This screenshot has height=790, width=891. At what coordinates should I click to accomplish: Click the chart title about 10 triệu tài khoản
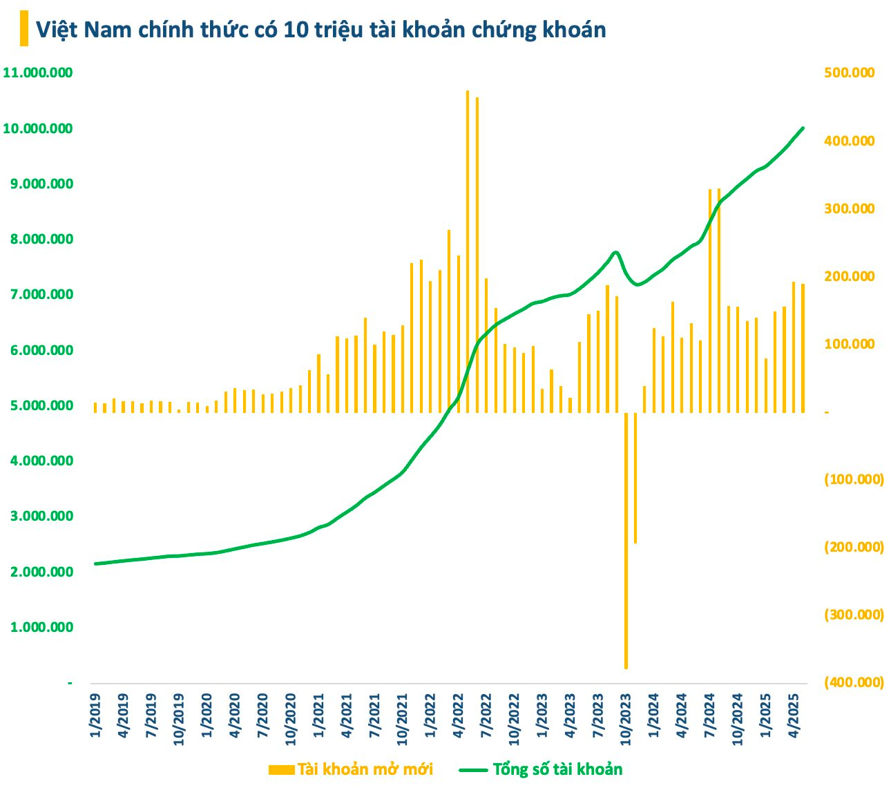point(320,30)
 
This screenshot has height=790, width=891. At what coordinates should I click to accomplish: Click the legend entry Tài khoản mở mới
point(351,769)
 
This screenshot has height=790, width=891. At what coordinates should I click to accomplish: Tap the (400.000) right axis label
point(854,682)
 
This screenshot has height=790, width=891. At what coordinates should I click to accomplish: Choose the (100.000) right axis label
point(854,479)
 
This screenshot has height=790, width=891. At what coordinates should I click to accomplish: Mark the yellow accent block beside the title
point(24,29)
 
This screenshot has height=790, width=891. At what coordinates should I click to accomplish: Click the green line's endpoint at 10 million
point(803,128)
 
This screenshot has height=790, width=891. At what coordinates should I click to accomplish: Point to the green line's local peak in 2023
point(615,252)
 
